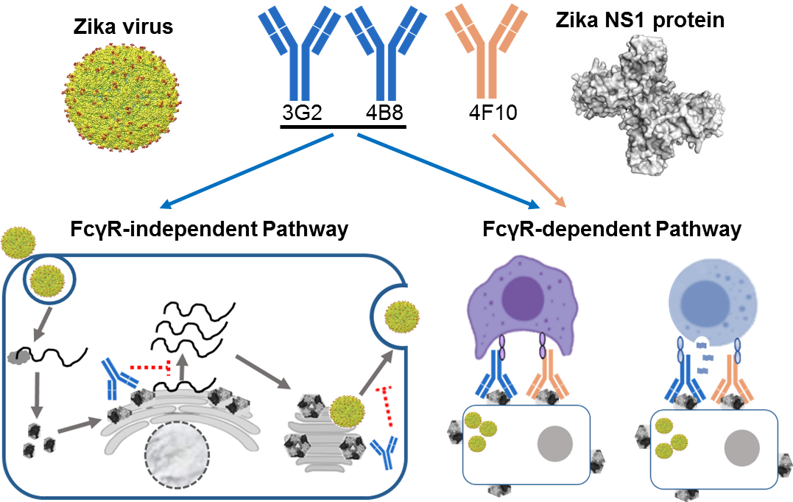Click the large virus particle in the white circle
pyautogui.click(x=121, y=96)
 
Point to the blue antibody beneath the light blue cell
pyautogui.click(x=685, y=378)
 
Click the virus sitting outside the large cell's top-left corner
pyautogui.click(x=15, y=243)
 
